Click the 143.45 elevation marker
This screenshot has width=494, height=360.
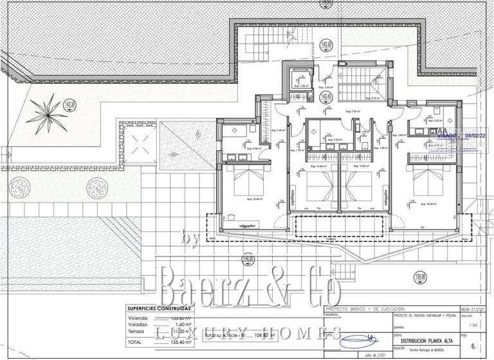[326, 97]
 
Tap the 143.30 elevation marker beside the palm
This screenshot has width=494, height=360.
[70, 104]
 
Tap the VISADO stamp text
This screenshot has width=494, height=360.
[446, 136]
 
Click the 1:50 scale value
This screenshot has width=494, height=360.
[473, 326]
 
